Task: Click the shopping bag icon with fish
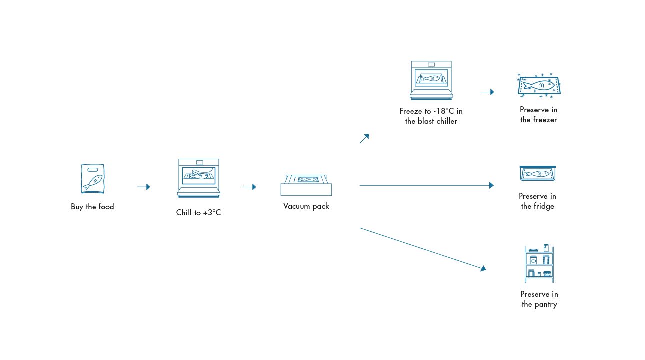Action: click(92, 179)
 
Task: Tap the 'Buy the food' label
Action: click(92, 207)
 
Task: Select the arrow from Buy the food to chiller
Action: click(144, 187)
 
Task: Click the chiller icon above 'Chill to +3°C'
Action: click(198, 178)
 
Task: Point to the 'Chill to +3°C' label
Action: click(198, 213)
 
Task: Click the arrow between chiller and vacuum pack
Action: click(250, 187)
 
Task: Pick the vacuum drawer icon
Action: click(306, 185)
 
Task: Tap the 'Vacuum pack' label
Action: click(306, 206)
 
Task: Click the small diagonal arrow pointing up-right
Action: click(364, 139)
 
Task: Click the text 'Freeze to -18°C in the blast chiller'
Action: click(431, 116)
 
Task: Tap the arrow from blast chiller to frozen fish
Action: click(488, 92)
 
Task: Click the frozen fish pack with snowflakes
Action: click(539, 85)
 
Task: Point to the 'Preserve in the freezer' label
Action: click(538, 115)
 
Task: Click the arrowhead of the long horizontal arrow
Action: click(491, 185)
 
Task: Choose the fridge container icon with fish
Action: click(538, 173)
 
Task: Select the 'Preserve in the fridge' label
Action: click(537, 201)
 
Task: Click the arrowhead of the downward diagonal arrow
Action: click(483, 269)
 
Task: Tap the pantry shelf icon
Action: click(539, 263)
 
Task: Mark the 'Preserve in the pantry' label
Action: click(539, 299)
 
